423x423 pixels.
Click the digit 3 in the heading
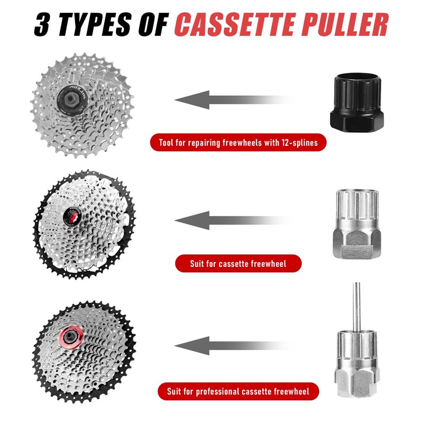click(x=42, y=25)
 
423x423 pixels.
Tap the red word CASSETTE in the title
click(x=235, y=25)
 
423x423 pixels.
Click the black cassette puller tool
click(x=357, y=102)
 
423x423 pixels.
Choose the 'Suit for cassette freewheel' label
click(x=238, y=263)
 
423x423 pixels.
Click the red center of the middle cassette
click(x=72, y=217)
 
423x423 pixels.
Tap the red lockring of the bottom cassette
click(x=71, y=337)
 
